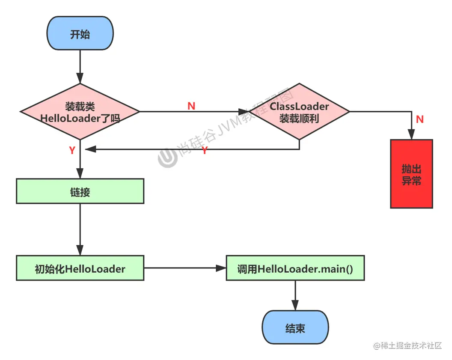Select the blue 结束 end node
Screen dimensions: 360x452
coord(295,328)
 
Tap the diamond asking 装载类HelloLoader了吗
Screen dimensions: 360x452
coord(80,112)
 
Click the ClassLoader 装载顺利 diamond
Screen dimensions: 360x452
coord(299,112)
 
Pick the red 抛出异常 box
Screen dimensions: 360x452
coord(411,174)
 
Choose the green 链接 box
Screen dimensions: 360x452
coord(80,191)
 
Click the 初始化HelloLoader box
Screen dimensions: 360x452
coord(80,268)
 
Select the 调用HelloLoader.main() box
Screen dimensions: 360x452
coord(295,268)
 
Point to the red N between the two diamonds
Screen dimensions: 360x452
coord(191,106)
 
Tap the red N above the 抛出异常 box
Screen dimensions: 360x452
coord(419,119)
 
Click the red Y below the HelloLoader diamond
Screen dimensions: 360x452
coord(72,150)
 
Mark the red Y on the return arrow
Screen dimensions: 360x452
coord(205,150)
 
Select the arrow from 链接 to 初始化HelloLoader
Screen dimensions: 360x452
coord(80,229)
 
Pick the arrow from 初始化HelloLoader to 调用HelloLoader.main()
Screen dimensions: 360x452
coord(184,268)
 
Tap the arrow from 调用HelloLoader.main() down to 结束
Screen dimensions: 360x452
coord(295,295)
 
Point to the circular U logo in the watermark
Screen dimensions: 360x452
coord(167,158)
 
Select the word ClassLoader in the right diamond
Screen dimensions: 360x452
coord(299,107)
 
